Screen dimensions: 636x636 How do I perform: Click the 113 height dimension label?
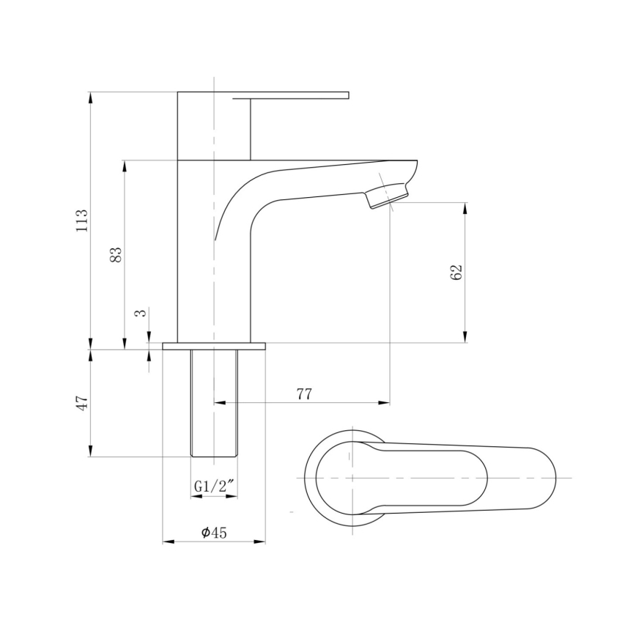tap(82, 221)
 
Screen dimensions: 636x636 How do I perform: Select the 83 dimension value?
tap(116, 254)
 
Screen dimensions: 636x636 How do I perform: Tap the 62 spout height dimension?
tap(456, 272)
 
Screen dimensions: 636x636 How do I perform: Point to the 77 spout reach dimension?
tap(305, 394)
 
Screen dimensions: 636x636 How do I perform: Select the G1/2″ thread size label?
tap(214, 486)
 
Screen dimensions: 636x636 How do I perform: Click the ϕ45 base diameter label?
tap(214, 533)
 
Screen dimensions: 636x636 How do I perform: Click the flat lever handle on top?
tap(300, 95)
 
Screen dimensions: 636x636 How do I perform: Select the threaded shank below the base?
tap(214, 403)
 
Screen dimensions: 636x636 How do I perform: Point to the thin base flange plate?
tap(214, 346)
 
